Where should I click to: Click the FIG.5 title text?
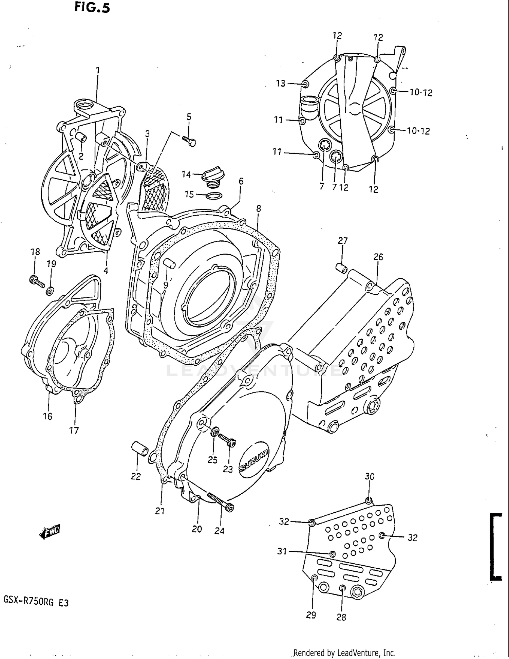coord(92,7)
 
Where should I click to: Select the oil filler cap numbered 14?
coord(211,177)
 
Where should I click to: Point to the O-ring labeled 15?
coord(214,196)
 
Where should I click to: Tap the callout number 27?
coord(343,241)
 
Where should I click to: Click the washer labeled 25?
coord(214,432)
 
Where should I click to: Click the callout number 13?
coord(281,83)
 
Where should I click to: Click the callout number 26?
coord(378,257)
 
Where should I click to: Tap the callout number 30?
coord(370,477)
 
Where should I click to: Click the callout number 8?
coord(259,209)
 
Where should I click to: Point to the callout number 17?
coord(74,431)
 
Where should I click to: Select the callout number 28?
coord(341,617)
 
